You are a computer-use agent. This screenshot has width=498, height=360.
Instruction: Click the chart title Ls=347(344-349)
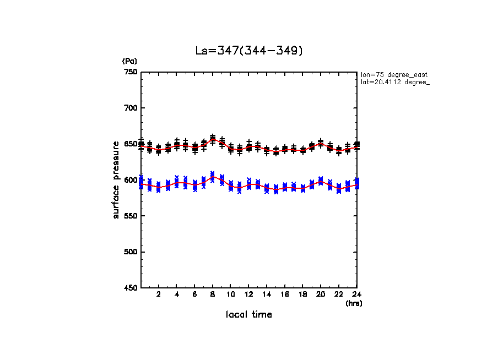point(249,51)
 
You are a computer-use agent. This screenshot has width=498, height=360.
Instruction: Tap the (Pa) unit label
point(129,62)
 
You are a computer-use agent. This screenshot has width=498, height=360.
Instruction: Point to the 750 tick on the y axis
point(130,72)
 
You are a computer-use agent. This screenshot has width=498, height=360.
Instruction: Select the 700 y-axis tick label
point(130,108)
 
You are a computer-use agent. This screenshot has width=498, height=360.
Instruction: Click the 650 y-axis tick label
point(130,144)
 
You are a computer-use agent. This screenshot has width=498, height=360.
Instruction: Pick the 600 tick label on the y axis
point(130,180)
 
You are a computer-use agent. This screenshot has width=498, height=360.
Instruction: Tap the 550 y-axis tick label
point(130,216)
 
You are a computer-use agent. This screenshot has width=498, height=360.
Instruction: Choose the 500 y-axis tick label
point(130,252)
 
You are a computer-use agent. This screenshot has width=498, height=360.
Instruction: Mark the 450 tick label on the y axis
point(130,288)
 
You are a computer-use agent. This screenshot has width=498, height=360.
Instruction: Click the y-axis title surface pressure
point(116,179)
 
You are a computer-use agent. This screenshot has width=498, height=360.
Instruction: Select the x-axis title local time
point(249,315)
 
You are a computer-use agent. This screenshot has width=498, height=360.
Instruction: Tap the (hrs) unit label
point(354,303)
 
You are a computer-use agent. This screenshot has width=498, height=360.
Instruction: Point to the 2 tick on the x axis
point(159,295)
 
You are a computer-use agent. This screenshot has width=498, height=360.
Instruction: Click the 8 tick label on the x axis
point(213,295)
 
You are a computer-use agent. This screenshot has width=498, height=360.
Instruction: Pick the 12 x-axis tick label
point(249,295)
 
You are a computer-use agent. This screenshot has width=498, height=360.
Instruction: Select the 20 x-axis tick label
point(321,295)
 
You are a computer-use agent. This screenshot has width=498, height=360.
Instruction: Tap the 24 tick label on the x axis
point(357,295)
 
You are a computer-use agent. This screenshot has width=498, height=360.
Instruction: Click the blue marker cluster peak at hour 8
point(213,175)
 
